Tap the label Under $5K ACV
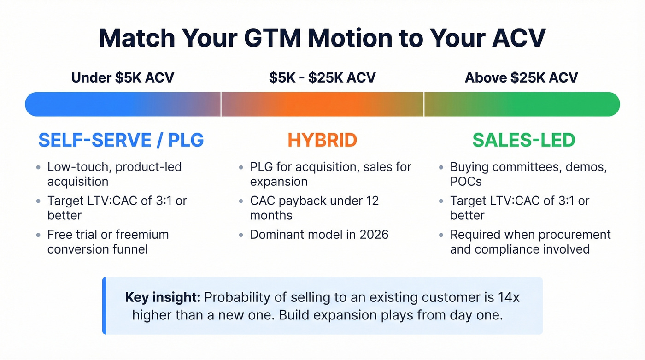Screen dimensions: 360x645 pyautogui.click(x=123, y=77)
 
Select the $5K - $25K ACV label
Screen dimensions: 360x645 pyautogui.click(x=322, y=77)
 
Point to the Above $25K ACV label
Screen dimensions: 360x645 pyautogui.click(x=521, y=77)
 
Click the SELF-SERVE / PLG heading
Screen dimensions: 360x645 pyautogui.click(x=121, y=140)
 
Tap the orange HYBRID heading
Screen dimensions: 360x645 pyautogui.click(x=322, y=140)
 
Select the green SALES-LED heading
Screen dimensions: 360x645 pyautogui.click(x=523, y=140)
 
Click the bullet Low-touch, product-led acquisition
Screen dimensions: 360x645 pyautogui.click(x=114, y=174)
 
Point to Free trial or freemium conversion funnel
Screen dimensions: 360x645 pyautogui.click(x=108, y=242)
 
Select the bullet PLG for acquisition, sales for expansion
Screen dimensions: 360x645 pyautogui.click(x=330, y=174)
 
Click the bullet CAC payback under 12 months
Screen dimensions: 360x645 pyautogui.click(x=314, y=208)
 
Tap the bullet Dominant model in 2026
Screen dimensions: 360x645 pyautogui.click(x=319, y=235)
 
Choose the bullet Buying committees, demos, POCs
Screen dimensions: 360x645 pyautogui.click(x=528, y=174)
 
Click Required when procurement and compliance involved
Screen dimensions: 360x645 pyautogui.click(x=530, y=242)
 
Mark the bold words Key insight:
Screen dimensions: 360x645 pyautogui.click(x=163, y=297)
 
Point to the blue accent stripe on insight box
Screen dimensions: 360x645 pyautogui.click(x=104, y=306)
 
